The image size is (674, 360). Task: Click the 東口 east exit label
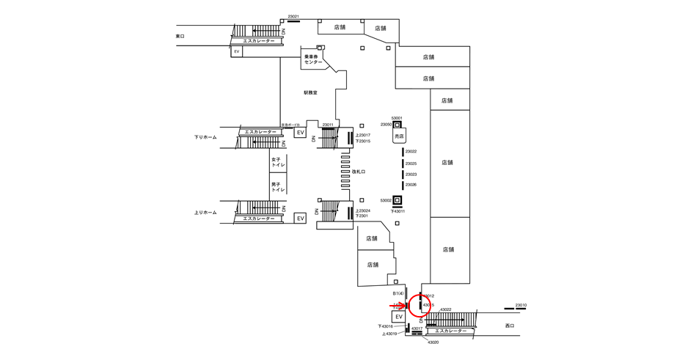[x=181, y=36]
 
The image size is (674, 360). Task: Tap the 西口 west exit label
[x=510, y=325]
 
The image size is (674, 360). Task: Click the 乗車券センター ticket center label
[x=313, y=59]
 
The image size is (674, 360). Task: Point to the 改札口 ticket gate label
[x=358, y=172]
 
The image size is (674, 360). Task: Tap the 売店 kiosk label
[x=399, y=136]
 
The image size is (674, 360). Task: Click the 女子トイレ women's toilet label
[x=277, y=162]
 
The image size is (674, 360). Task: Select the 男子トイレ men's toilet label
[x=277, y=186]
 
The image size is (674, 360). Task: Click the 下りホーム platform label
[x=205, y=137]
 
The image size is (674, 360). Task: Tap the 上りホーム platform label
[x=205, y=213]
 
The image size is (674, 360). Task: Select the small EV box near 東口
[x=236, y=52]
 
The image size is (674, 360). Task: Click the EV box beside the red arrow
[x=400, y=317]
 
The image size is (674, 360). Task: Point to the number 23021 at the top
[x=293, y=16]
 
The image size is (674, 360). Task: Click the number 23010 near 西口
[x=521, y=305]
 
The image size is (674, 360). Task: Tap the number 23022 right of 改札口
[x=411, y=152]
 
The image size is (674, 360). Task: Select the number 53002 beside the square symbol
[x=386, y=200]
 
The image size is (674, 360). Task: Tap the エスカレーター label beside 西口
[x=446, y=331]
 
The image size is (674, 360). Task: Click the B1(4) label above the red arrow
[x=398, y=293]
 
